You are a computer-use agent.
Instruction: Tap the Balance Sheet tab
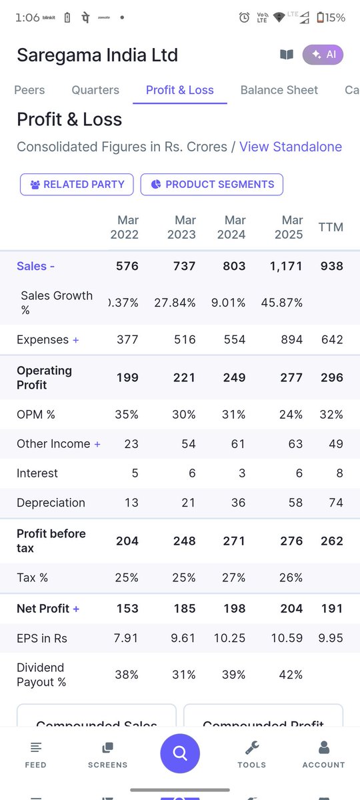279,90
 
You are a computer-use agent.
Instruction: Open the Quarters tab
95,90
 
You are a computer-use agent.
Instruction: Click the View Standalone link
290,147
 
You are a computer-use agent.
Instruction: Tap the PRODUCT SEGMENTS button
212,185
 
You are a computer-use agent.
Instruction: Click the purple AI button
323,55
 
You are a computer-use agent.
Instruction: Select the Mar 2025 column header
288,227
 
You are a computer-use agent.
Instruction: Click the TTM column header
331,227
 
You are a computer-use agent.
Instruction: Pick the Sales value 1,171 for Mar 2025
286,266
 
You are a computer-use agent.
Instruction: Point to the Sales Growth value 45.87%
282,303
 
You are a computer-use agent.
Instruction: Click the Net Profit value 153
127,608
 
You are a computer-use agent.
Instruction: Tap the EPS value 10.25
229,638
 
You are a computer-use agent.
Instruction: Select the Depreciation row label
51,503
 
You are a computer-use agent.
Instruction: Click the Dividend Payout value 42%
291,675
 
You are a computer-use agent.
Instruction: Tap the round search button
179,753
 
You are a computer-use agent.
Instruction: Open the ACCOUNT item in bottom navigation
323,754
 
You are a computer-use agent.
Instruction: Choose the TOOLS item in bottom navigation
251,754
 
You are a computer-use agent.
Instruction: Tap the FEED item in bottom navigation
35,754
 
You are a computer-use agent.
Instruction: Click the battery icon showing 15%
321,18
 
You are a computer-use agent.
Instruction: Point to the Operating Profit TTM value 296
331,377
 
